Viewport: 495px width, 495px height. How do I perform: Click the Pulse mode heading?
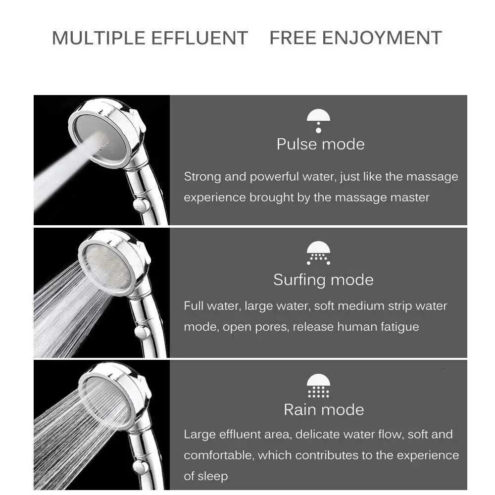(x=320, y=144)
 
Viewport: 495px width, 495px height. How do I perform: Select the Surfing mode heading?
(x=323, y=280)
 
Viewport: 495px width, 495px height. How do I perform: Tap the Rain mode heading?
(x=324, y=409)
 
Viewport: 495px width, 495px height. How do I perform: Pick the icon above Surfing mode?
(x=318, y=253)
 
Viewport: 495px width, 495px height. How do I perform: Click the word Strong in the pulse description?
(x=202, y=177)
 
